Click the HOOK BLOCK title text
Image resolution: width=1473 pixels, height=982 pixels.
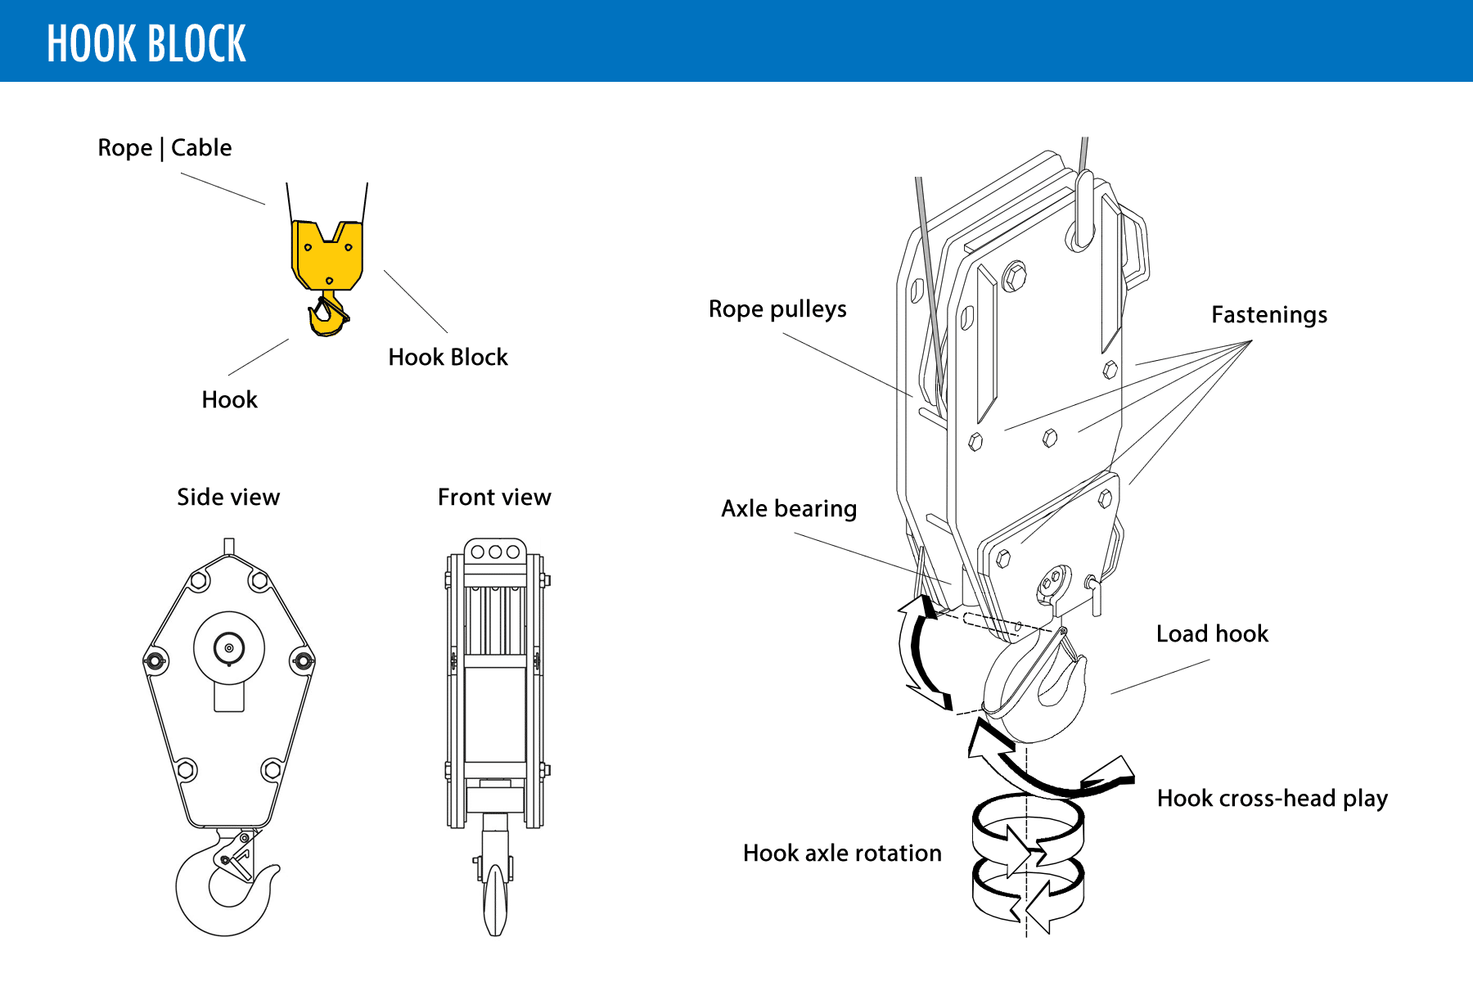[146, 43]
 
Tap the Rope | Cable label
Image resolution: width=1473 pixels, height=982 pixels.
[164, 147]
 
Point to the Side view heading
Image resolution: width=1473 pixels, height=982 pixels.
[228, 497]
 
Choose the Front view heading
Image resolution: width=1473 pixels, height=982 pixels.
[494, 497]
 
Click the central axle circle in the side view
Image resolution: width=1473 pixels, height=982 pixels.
[229, 648]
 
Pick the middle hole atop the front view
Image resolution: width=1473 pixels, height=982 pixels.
[495, 552]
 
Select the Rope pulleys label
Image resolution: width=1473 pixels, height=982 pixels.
[777, 309]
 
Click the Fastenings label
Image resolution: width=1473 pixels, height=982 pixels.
[1269, 315]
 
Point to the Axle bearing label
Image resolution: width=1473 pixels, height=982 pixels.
[789, 509]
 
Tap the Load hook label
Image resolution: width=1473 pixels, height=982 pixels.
[1212, 633]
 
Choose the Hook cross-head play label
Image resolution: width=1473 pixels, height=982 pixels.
[1273, 799]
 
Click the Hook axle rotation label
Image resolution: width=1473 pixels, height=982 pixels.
[842, 854]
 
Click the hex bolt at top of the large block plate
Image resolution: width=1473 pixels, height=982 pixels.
[1014, 276]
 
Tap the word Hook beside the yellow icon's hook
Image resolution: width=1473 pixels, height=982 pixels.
[229, 399]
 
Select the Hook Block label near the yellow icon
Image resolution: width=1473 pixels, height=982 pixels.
[448, 357]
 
